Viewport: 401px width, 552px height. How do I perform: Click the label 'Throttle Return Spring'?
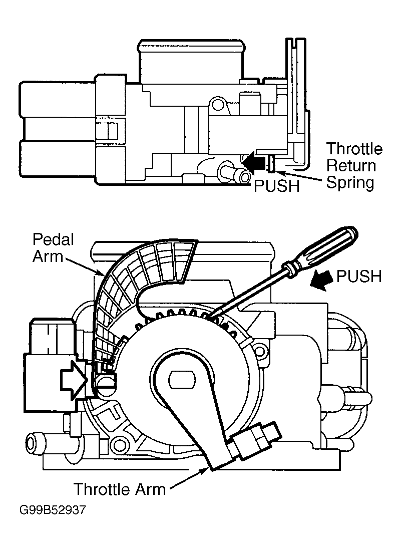[354, 165]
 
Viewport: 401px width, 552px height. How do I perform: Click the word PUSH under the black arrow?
[277, 186]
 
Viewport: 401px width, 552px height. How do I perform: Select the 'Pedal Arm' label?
[53, 247]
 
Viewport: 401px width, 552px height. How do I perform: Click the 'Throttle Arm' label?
[120, 489]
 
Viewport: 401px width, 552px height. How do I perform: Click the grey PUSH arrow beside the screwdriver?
[321, 280]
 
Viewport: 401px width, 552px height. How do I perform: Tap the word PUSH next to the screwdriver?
[359, 277]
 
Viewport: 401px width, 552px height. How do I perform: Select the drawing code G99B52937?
[53, 510]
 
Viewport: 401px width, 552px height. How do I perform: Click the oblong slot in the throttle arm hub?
[182, 380]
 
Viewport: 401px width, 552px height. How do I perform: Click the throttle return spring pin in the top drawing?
[271, 164]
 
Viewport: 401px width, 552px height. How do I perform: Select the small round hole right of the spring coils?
[260, 350]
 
